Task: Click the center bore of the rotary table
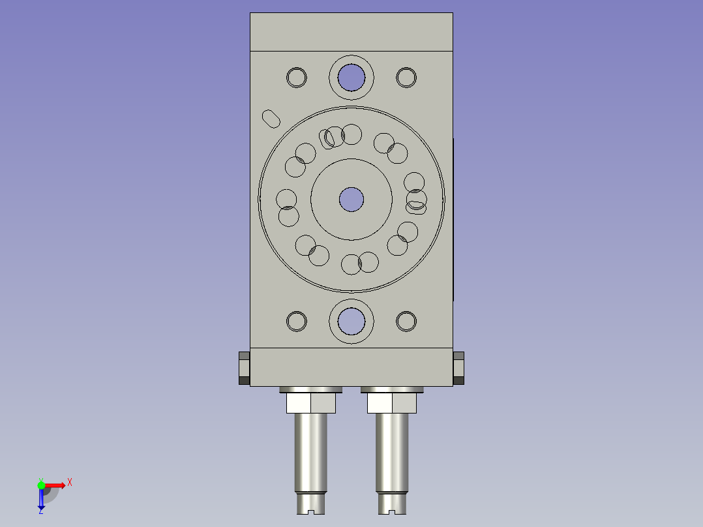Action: [351, 199]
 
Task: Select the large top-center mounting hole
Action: [351, 77]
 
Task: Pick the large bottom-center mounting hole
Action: [351, 321]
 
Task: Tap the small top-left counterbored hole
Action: [297, 78]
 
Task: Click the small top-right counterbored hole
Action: [406, 78]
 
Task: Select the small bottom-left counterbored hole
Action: [297, 321]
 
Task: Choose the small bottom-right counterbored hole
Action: [406, 321]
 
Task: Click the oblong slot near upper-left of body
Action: [271, 119]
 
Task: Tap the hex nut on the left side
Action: [244, 369]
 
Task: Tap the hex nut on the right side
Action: [458, 369]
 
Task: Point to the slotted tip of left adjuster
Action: [310, 504]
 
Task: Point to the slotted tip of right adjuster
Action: [392, 504]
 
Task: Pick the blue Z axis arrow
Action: [41, 500]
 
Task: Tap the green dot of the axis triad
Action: [42, 485]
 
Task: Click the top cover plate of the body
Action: [351, 32]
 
